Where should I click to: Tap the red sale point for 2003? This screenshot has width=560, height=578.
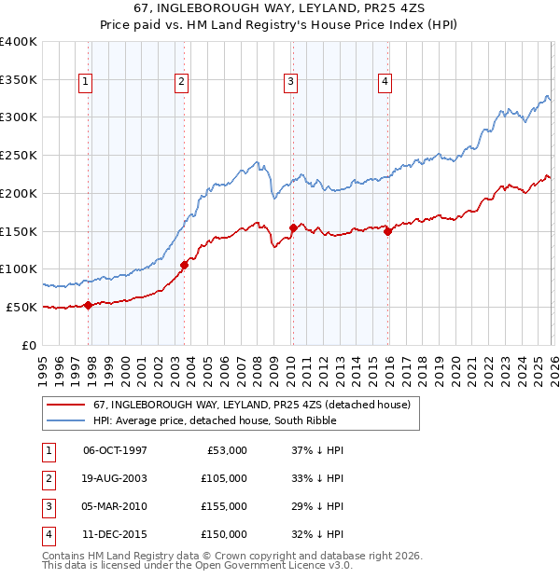point(184,265)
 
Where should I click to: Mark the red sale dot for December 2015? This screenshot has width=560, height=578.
point(388,232)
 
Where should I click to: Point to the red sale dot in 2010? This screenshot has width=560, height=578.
point(293,227)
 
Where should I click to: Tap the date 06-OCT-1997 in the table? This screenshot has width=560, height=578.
point(115,450)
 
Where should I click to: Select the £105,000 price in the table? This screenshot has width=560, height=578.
point(225,478)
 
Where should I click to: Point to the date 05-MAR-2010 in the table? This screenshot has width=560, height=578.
point(115,506)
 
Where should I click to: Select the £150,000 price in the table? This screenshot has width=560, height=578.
point(225,534)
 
